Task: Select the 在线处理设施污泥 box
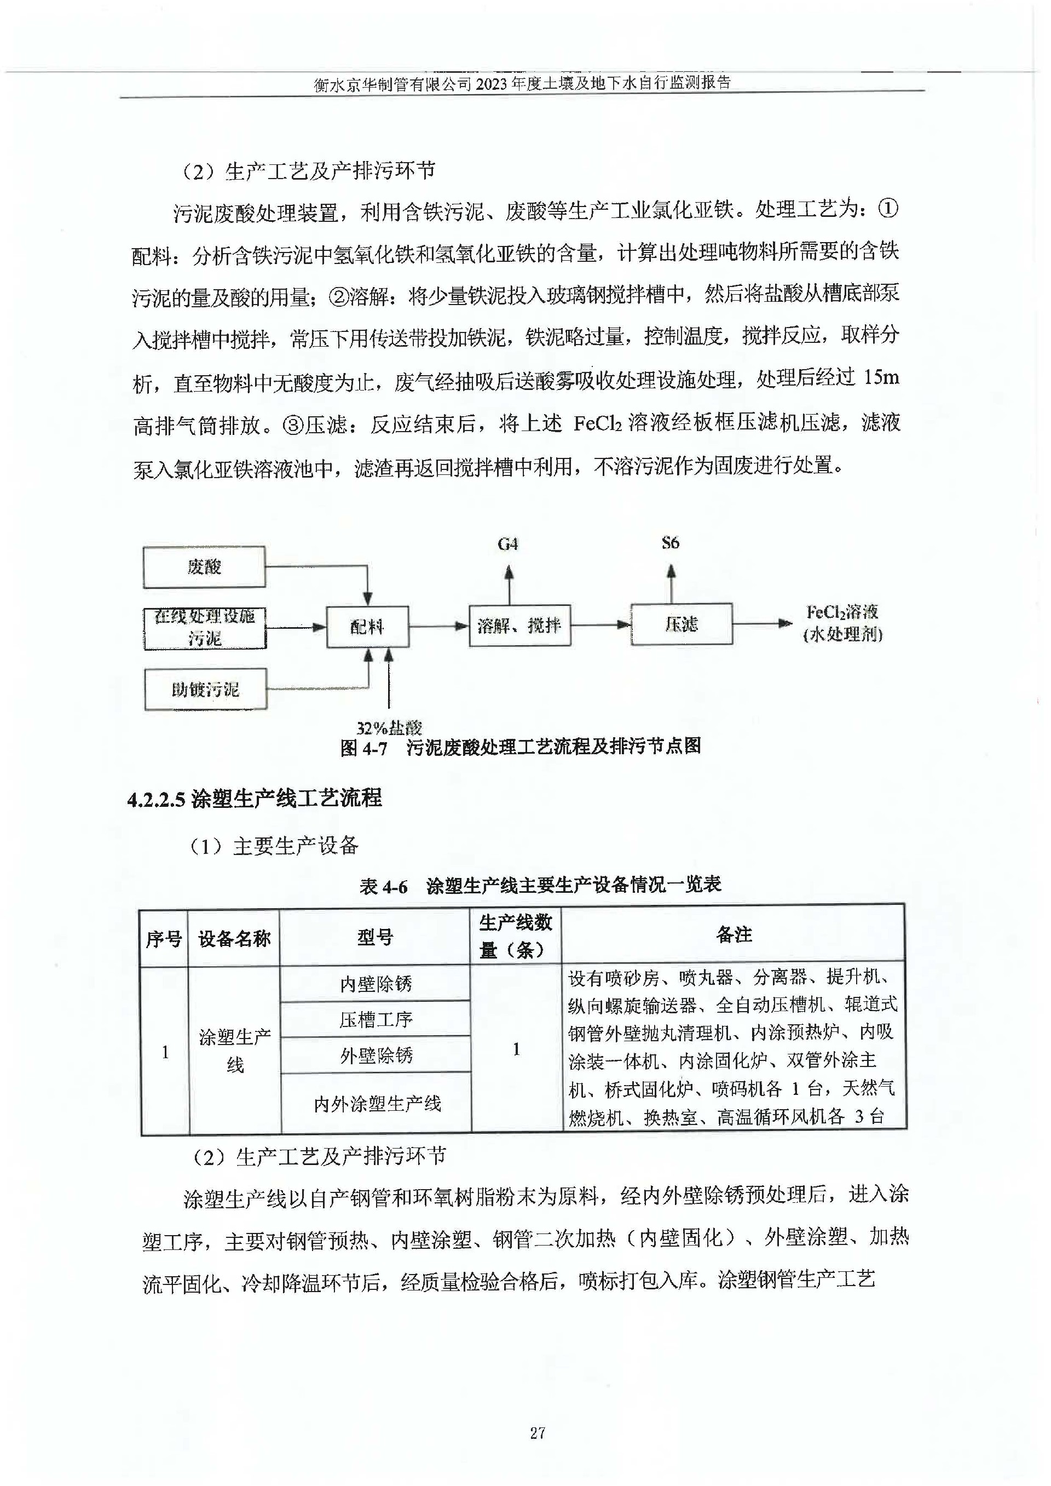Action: tap(205, 627)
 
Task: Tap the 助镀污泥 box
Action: tap(205, 689)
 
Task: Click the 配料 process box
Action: tap(367, 626)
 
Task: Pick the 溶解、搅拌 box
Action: tap(519, 625)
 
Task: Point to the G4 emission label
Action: tap(508, 544)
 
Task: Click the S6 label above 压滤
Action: tap(671, 543)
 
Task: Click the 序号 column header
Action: tap(164, 938)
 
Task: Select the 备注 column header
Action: tap(734, 934)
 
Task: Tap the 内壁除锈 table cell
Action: tap(376, 984)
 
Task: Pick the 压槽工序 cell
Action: tap(376, 1020)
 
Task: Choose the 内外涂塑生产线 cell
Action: tap(377, 1103)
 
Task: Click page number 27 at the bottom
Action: tap(537, 1433)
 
